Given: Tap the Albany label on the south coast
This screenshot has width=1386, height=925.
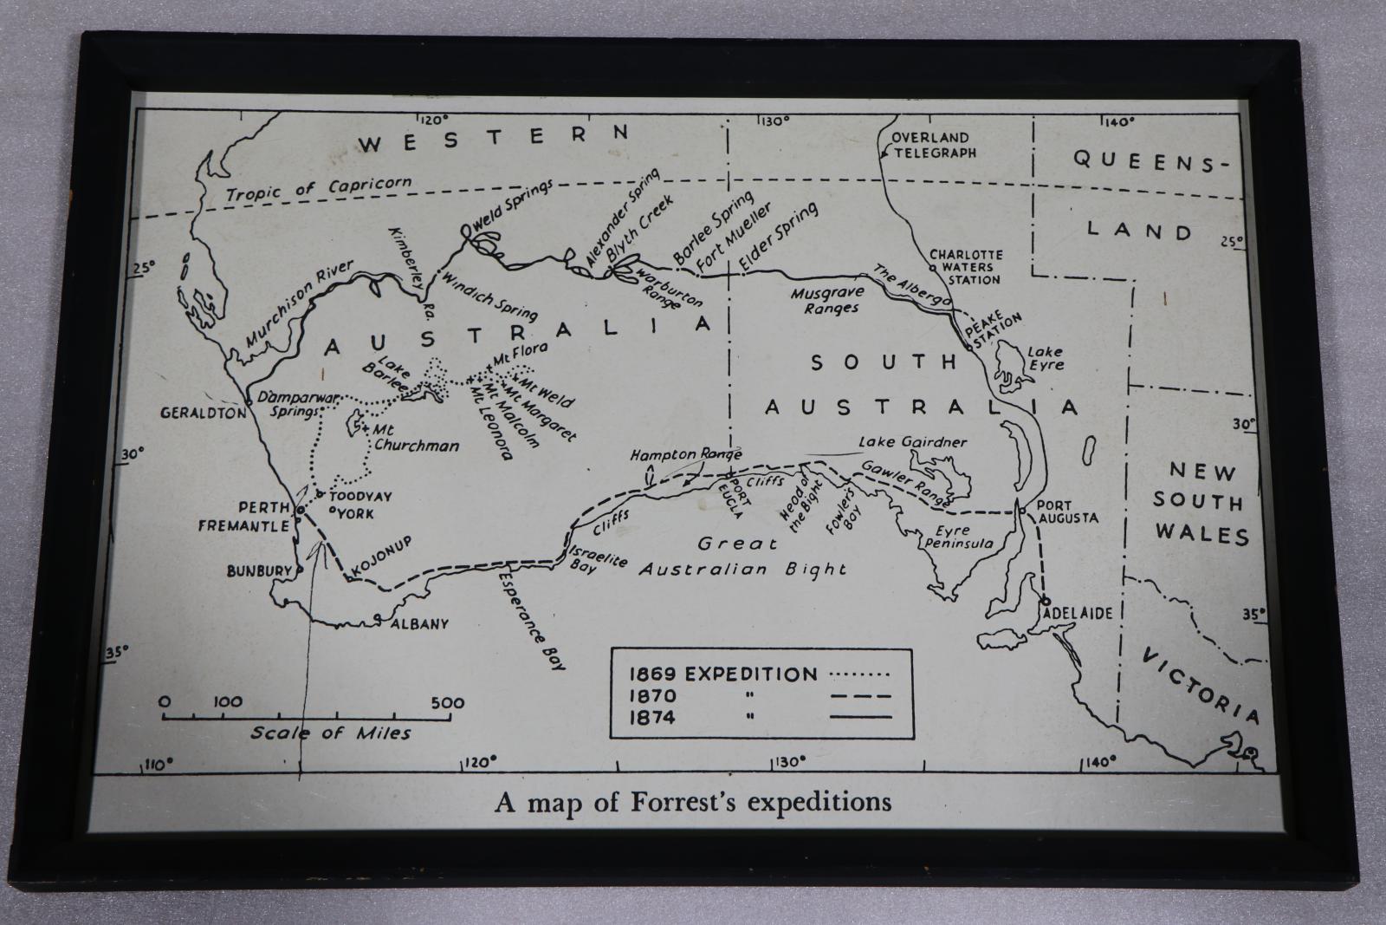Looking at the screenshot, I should click(419, 623).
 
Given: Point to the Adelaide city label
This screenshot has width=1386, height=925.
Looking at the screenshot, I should click(1078, 613).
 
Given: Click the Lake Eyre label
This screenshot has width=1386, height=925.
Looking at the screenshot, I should click(1045, 358).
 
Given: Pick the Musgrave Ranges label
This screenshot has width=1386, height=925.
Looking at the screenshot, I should click(824, 301).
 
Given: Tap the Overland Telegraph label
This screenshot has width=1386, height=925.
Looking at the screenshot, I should click(932, 145).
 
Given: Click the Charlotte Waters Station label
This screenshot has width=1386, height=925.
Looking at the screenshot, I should click(966, 267).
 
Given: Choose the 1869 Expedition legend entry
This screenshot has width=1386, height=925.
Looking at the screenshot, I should click(723, 674).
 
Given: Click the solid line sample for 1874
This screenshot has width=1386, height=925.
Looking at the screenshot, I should click(860, 717).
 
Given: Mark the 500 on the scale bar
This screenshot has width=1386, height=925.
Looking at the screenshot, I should click(447, 702).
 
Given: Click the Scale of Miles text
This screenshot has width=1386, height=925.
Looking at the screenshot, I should click(331, 733).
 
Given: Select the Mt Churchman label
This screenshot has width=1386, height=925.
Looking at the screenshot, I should click(415, 438).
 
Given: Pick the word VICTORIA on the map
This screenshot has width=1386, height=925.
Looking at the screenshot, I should click(1200, 686).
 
